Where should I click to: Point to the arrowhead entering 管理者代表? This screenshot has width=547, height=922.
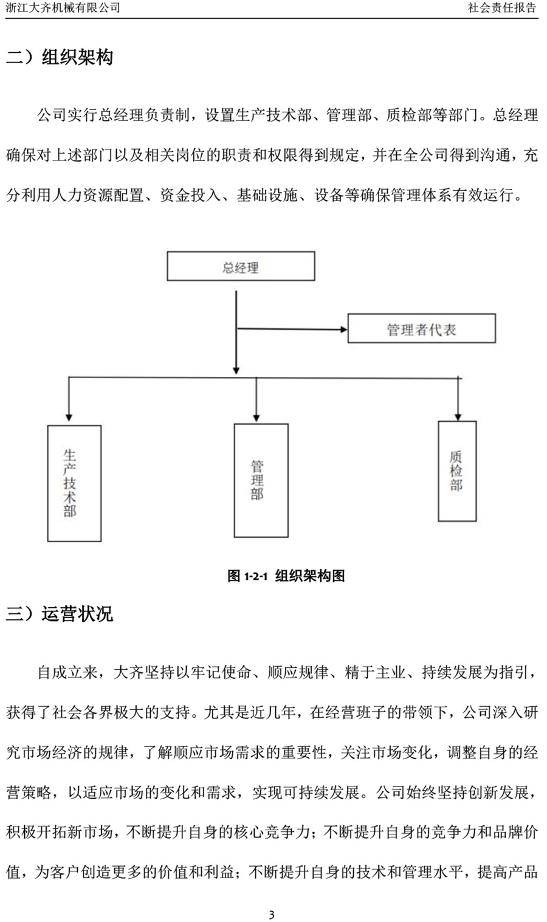(x=343, y=329)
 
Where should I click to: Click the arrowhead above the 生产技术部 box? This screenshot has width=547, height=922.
(x=69, y=418)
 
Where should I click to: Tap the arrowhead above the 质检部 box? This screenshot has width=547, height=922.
(x=458, y=417)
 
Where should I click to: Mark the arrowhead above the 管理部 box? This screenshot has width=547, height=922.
(x=256, y=418)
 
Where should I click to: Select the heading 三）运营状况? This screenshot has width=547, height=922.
(x=60, y=614)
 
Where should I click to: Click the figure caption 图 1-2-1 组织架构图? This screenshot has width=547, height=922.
(x=286, y=576)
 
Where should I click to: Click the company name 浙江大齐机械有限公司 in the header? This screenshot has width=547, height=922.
(x=63, y=7)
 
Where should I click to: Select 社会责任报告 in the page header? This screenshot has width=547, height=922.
(x=502, y=7)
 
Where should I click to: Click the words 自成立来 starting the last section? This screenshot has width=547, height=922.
(x=67, y=672)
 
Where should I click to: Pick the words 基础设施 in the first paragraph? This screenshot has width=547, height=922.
(x=267, y=195)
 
